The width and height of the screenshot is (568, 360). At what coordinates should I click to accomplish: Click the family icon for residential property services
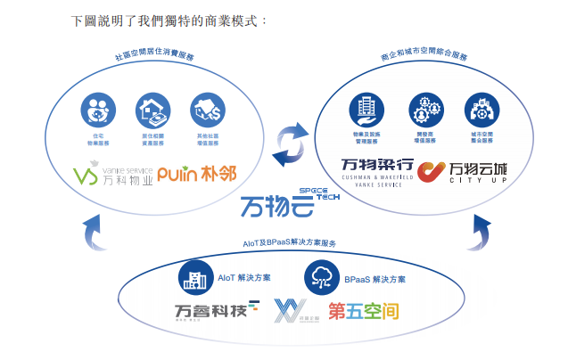tap(99, 110)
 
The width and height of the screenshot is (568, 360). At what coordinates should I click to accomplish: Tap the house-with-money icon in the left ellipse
tap(152, 110)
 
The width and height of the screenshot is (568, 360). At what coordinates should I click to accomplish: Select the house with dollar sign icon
tap(206, 110)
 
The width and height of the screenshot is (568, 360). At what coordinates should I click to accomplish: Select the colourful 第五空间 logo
tap(362, 312)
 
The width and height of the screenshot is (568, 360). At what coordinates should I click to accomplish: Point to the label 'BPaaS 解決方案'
tap(374, 279)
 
